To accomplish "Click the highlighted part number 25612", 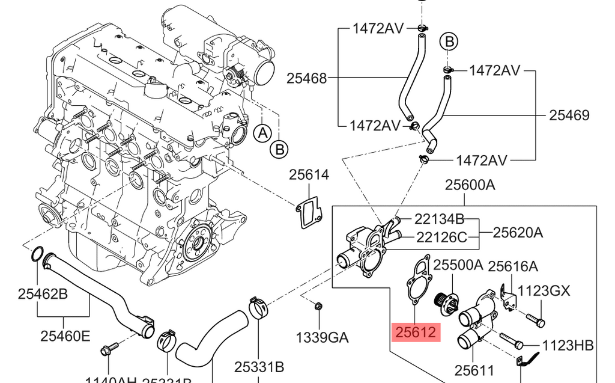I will click(x=416, y=331).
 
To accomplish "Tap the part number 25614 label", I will click(x=309, y=175).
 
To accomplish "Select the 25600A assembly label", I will click(x=470, y=185).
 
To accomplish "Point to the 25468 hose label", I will click(x=306, y=78).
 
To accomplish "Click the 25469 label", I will click(x=569, y=115).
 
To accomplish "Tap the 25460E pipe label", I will click(x=65, y=336).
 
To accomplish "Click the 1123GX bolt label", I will click(x=544, y=292).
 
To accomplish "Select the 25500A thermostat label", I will click(x=458, y=265).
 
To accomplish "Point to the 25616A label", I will click(x=512, y=266).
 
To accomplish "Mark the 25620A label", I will click(x=518, y=232).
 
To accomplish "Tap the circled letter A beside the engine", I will click(x=262, y=133).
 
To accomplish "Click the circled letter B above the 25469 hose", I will click(x=448, y=41).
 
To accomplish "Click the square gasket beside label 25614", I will click(x=309, y=212).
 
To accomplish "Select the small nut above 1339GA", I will click(x=318, y=306).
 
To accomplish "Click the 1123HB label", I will click(x=568, y=345).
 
